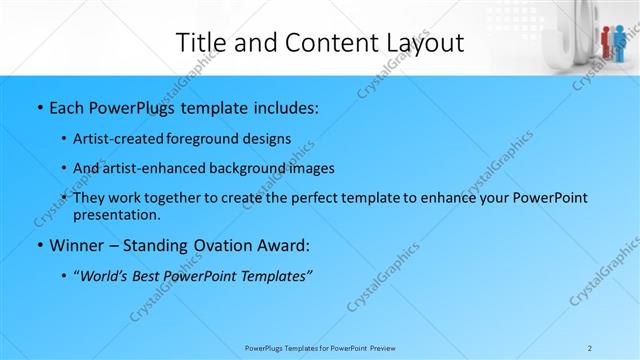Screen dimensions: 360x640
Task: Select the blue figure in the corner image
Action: point(620,41)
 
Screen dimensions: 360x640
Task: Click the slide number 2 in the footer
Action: point(591,347)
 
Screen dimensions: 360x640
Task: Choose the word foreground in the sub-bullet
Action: point(202,139)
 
